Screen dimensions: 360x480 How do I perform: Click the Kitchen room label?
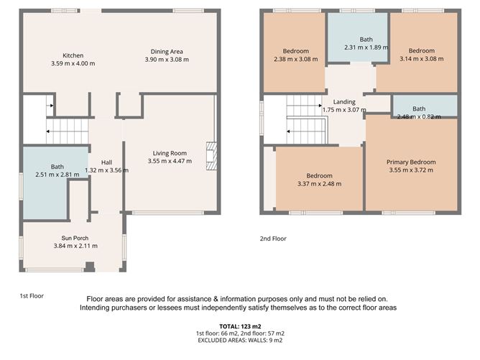[x=73, y=55]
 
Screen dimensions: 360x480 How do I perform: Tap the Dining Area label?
[x=170, y=51]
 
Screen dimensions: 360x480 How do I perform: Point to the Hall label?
[x=106, y=162]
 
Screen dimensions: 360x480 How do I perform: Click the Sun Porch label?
[x=75, y=237]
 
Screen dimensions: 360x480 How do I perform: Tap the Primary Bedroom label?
[x=411, y=162]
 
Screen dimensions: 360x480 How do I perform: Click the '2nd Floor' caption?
[x=273, y=238]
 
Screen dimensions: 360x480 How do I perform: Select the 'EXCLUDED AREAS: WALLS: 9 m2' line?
[x=239, y=341]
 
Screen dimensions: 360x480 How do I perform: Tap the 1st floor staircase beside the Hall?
[x=67, y=130]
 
